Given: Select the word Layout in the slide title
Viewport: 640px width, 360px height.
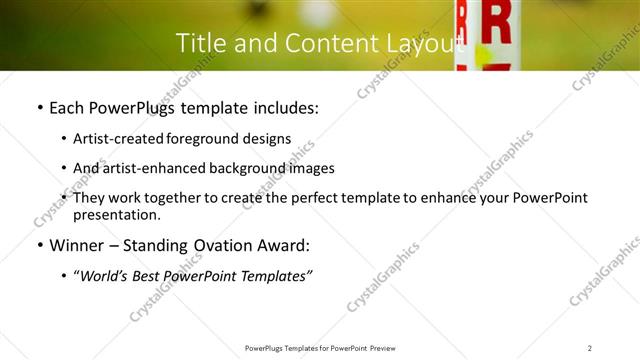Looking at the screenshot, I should click(x=425, y=43).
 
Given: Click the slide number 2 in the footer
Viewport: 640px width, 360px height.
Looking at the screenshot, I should click(x=590, y=348).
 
